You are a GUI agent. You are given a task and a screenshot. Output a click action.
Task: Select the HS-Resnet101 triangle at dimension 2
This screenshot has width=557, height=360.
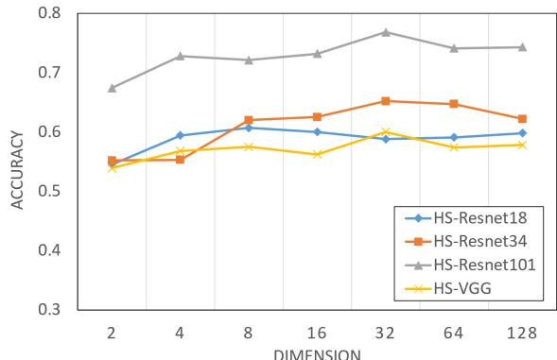112,88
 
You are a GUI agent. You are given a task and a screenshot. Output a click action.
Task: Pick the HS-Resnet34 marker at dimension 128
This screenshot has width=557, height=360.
522,119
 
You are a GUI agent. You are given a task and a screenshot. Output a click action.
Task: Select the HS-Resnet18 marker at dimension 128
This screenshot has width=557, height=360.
522,133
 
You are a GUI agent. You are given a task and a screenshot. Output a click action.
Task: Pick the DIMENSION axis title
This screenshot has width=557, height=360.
317,355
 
